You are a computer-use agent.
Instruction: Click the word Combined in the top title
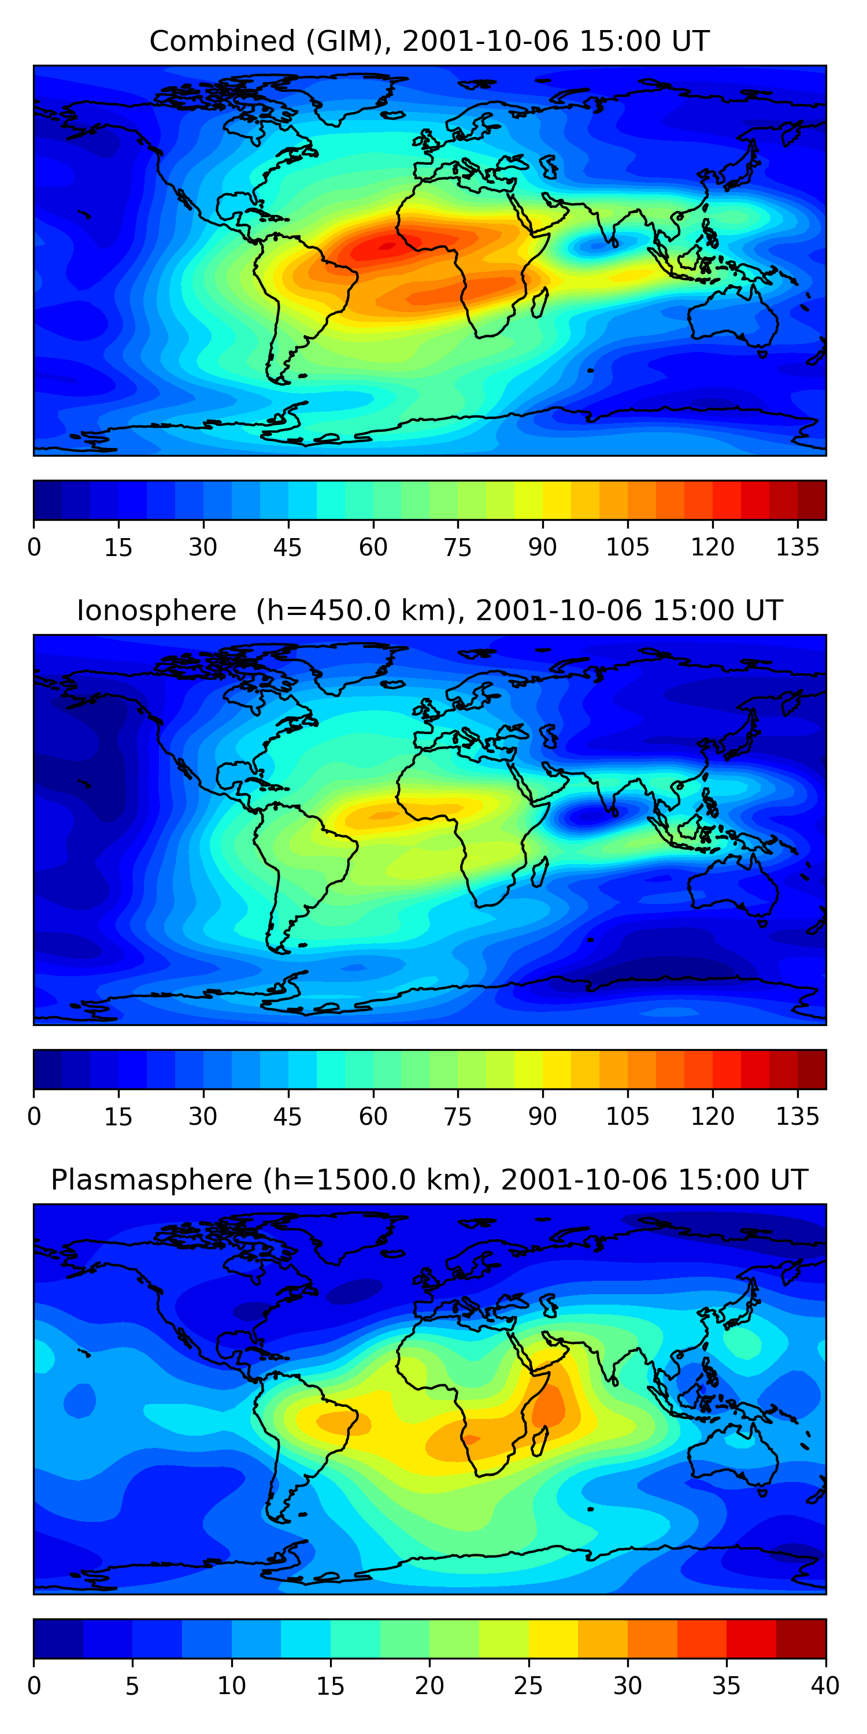tap(222, 42)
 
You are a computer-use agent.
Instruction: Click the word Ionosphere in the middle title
tap(156, 610)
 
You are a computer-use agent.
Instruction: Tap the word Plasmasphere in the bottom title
tap(151, 1180)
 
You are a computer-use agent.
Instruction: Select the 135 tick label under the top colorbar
tap(798, 547)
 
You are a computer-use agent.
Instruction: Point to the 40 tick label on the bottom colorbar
tap(825, 1686)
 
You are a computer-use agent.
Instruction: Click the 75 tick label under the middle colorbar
tap(458, 1117)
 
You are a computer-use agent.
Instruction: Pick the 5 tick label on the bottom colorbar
tap(132, 1686)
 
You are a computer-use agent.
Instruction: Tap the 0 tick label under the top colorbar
tap(34, 547)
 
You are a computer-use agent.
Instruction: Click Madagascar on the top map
tap(540, 303)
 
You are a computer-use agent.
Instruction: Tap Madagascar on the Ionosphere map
tap(540, 872)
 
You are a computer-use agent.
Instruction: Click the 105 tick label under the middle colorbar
tap(627, 1117)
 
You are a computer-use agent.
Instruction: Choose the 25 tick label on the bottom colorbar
tap(528, 1686)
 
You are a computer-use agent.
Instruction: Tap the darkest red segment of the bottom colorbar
tap(801, 1639)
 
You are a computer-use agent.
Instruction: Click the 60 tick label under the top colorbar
tap(373, 547)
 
